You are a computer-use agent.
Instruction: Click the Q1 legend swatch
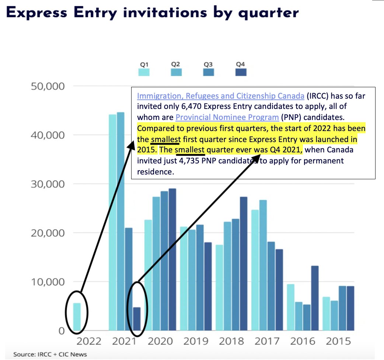[144, 72]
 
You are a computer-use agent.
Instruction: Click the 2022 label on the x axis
[88, 341]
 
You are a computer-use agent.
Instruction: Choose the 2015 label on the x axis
[339, 341]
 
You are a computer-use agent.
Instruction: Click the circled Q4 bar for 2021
[137, 319]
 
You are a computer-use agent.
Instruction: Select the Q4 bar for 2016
[315, 298]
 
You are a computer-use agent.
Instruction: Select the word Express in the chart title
[42, 13]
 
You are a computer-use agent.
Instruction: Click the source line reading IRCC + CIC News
[50, 354]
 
